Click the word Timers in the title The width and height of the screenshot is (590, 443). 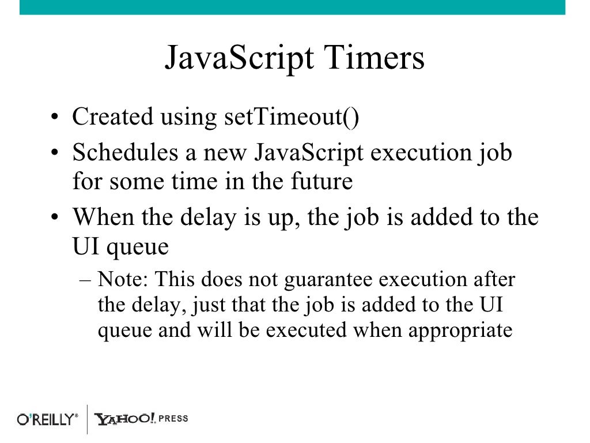tap(375, 59)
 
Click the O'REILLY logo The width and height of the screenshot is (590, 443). tap(47, 419)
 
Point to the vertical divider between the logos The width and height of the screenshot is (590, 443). tap(87, 419)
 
